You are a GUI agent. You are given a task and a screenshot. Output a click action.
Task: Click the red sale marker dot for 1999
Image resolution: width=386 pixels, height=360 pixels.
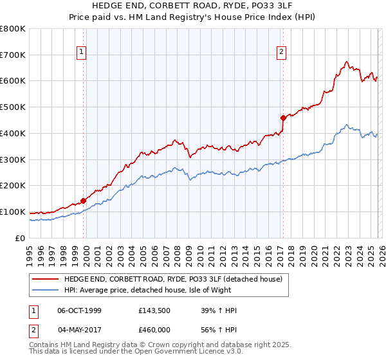(84, 201)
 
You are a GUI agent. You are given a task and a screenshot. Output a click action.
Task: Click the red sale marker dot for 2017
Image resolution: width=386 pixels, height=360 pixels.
(282, 118)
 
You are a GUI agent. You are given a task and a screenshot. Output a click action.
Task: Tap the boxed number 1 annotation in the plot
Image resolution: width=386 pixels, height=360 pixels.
(82, 53)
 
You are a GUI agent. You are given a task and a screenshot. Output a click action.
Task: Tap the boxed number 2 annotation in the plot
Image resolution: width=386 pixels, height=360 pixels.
(281, 53)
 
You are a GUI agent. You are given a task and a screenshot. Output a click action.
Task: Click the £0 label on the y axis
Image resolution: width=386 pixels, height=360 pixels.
(21, 238)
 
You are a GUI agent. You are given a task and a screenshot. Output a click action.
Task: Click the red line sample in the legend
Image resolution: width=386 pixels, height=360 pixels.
(45, 279)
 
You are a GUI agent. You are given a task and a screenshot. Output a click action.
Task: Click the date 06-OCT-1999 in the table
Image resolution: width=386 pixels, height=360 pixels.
(79, 311)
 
